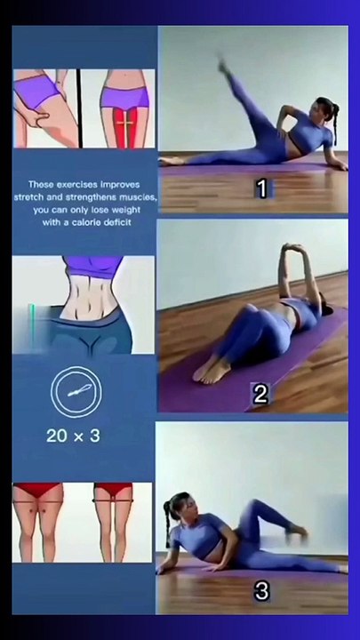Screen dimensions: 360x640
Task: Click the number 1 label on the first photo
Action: point(261,188)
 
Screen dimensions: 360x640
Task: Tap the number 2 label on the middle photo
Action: point(260,395)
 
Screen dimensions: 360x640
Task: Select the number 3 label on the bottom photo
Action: point(261,591)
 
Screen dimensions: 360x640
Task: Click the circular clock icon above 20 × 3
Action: point(76,392)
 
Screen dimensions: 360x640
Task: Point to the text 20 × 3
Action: point(73,436)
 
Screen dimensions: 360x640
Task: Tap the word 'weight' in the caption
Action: point(124,210)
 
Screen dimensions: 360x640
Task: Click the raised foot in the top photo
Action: point(223,64)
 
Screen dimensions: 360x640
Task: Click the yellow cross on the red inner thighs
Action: point(125,123)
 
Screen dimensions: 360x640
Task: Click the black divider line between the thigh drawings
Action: point(79,108)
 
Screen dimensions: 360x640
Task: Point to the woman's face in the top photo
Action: point(316,112)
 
